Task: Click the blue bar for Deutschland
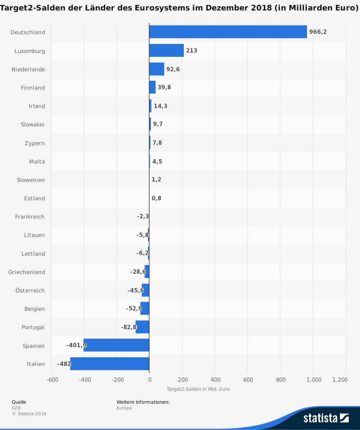[228, 32]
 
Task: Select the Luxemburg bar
[166, 51]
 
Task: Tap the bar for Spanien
[116, 345]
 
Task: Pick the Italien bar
[109, 364]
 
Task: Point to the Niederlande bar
[157, 69]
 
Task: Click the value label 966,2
[318, 32]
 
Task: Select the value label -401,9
[76, 345]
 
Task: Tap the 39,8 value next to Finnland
[164, 88]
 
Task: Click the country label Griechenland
[27, 272]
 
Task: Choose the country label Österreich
[30, 291]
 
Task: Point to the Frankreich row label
[30, 217]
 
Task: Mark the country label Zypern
[35, 143]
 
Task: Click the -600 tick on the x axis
[52, 380]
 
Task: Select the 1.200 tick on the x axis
[340, 380]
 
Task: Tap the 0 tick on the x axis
[149, 380]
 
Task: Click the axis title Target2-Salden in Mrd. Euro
[198, 389]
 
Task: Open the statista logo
[325, 418]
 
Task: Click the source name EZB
[16, 408]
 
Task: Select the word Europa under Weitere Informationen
[124, 408]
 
